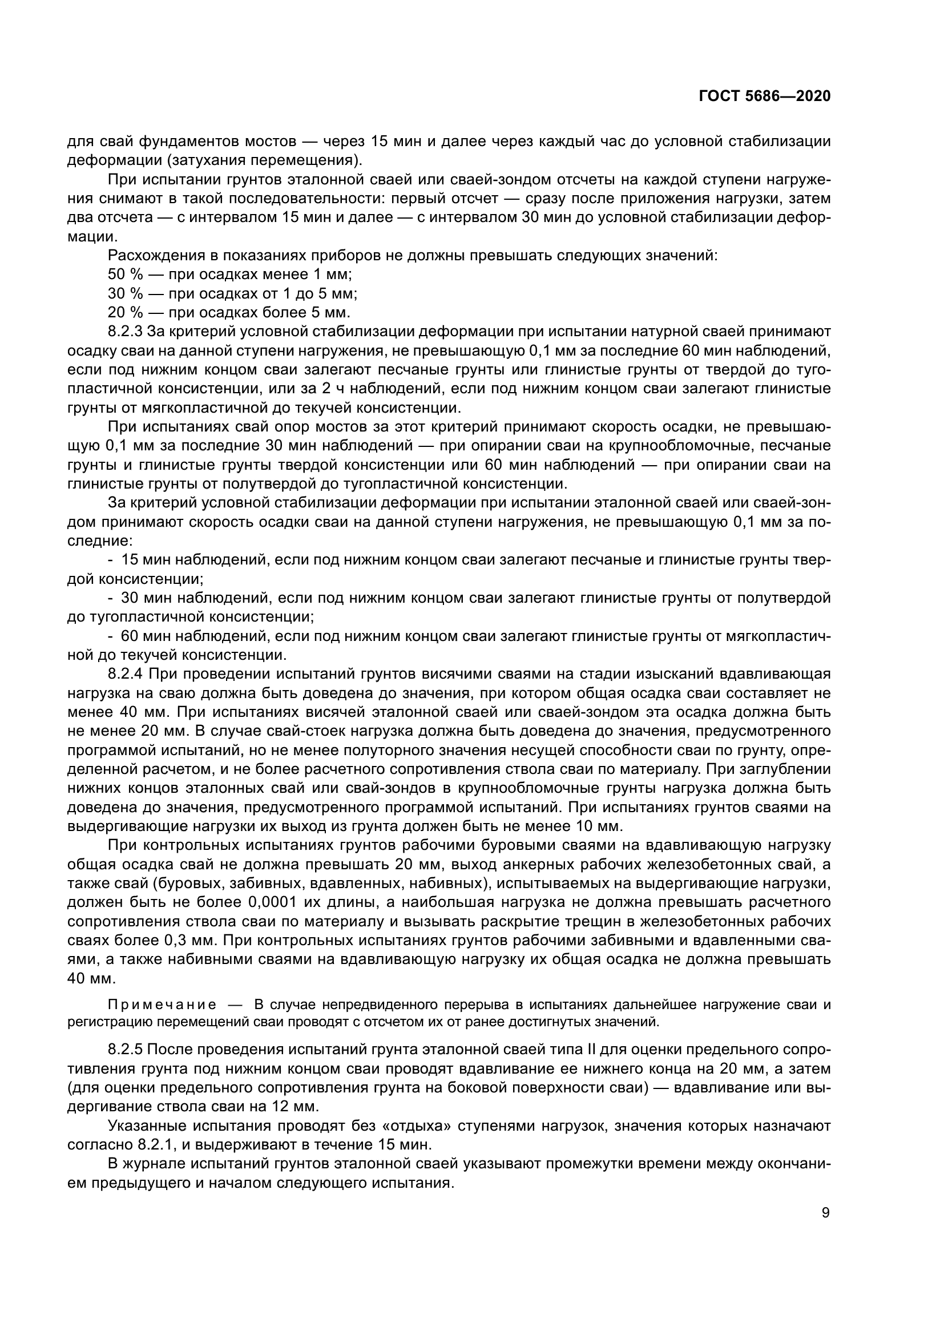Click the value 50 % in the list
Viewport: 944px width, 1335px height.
click(125, 275)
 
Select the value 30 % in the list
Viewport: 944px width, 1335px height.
click(125, 293)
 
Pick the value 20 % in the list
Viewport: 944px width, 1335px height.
click(125, 312)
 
